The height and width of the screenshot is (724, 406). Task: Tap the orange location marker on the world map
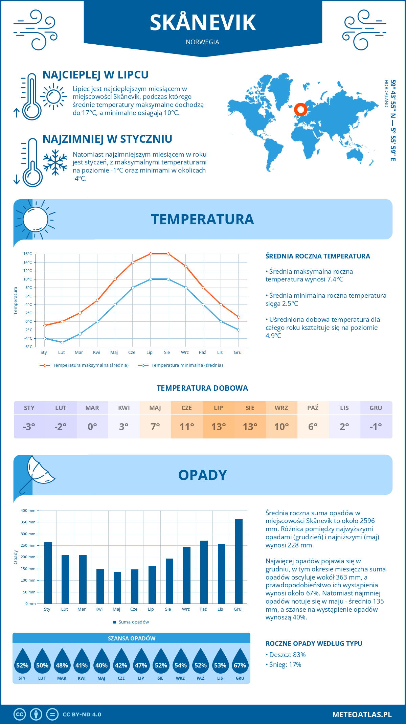tap(300, 110)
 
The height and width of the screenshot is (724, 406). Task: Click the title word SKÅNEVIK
tap(203, 23)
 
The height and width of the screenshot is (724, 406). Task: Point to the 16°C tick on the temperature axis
tap(28, 254)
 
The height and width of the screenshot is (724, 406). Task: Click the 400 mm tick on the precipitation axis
tap(28, 511)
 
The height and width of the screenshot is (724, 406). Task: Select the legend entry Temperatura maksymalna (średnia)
tap(90, 365)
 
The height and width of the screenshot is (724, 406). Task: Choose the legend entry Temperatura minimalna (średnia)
tap(187, 365)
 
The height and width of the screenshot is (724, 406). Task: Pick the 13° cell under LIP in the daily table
tap(218, 427)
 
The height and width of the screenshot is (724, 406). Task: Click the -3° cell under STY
tap(29, 427)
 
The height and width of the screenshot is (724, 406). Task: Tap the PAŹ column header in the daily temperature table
tap(313, 408)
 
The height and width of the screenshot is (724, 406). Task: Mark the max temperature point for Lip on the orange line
tap(151, 254)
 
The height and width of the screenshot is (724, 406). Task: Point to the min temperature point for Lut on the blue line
tap(62, 342)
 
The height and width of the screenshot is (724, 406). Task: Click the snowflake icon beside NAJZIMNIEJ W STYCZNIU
tap(55, 162)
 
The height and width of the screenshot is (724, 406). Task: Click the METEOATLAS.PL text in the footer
tap(362, 714)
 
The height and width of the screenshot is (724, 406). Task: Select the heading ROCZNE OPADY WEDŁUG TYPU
tap(314, 643)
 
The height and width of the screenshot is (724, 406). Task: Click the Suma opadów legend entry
tap(133, 622)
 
